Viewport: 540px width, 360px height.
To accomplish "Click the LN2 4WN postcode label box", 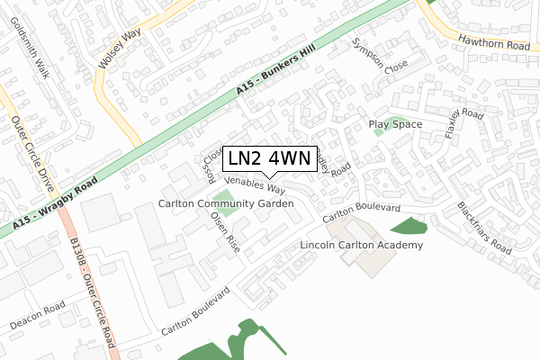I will tap(268, 158).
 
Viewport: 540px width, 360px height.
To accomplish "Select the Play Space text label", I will tap(395, 123).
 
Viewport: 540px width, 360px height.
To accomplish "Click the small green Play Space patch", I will tap(378, 132).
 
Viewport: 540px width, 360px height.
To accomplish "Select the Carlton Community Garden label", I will tap(226, 204).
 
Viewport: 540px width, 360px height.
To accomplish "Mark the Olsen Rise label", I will tap(225, 231).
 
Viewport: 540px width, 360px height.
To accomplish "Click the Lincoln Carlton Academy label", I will tap(360, 245).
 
